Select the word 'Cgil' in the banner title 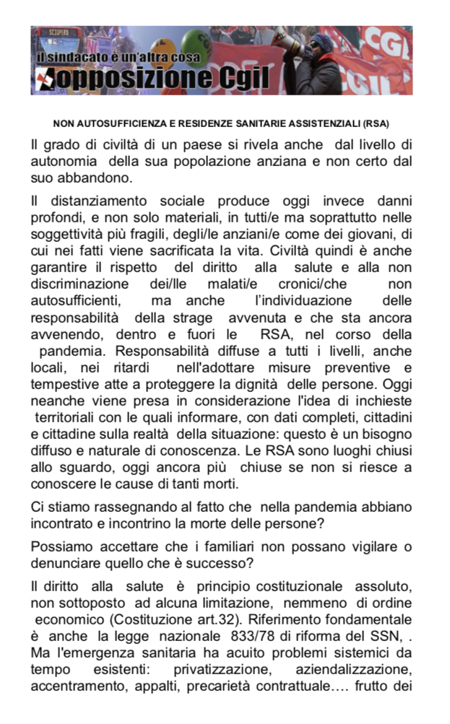(x=236, y=77)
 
